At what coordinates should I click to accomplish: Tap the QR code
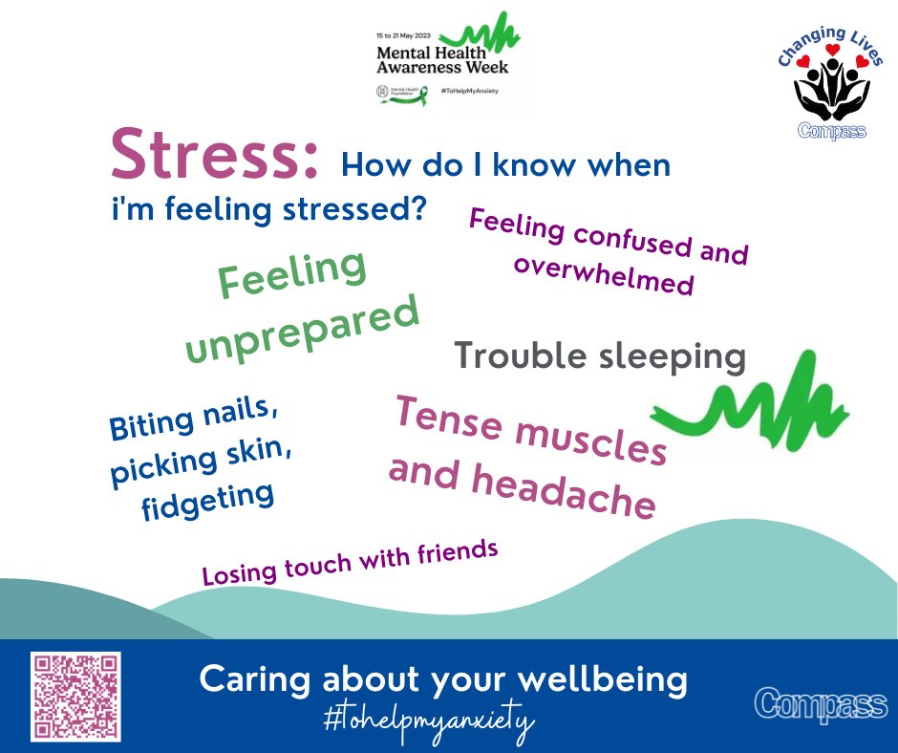coord(75,696)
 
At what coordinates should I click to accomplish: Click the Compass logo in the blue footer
coord(821,704)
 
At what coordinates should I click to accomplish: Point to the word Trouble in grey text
coord(520,356)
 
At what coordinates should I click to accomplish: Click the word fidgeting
coord(207,502)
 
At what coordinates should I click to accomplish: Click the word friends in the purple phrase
coord(457,553)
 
